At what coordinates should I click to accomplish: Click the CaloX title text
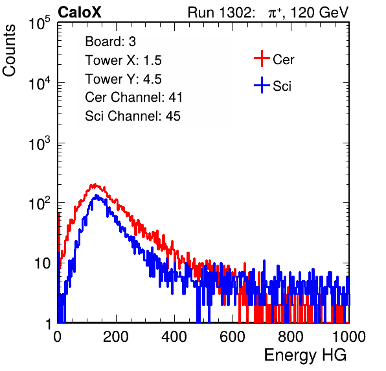pyautogui.click(x=80, y=12)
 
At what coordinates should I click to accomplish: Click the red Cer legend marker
pyautogui.click(x=262, y=58)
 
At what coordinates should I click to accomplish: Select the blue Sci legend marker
pyautogui.click(x=262, y=85)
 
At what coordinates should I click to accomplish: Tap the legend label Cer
pyautogui.click(x=283, y=60)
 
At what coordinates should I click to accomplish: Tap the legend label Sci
pyautogui.click(x=282, y=86)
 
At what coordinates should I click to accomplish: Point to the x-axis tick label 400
pyautogui.click(x=174, y=337)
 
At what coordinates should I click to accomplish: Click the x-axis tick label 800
pyautogui.click(x=291, y=337)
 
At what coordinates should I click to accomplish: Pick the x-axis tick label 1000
pyautogui.click(x=349, y=337)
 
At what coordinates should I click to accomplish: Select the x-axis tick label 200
pyautogui.click(x=116, y=337)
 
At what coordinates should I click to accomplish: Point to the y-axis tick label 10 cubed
pyautogui.click(x=39, y=143)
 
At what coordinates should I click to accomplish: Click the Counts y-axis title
pyautogui.click(x=9, y=51)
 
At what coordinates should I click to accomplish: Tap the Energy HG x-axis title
pyautogui.click(x=305, y=355)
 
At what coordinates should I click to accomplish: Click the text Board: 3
pyautogui.click(x=111, y=42)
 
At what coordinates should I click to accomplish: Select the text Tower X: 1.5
pyautogui.click(x=123, y=60)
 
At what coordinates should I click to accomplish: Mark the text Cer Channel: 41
pyautogui.click(x=134, y=97)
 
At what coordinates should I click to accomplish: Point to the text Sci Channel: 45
pyautogui.click(x=133, y=116)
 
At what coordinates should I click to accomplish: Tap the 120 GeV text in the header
pyautogui.click(x=319, y=12)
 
